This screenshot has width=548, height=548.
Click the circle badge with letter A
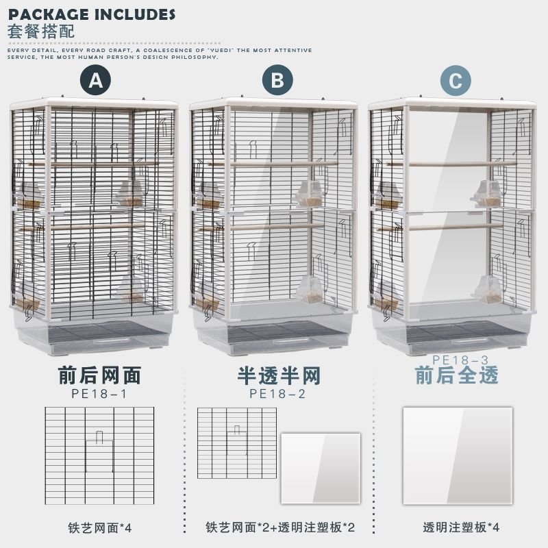click(x=96, y=81)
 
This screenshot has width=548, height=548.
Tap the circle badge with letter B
click(x=276, y=81)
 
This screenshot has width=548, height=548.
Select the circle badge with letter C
click(x=456, y=81)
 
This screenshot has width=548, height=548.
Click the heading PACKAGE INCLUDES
click(x=92, y=14)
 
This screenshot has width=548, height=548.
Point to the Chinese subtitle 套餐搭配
click(x=40, y=32)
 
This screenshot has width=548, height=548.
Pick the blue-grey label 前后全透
click(x=456, y=375)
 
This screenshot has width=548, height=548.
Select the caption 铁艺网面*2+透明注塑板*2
click(x=279, y=528)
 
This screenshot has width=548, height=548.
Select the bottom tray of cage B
click(x=274, y=336)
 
